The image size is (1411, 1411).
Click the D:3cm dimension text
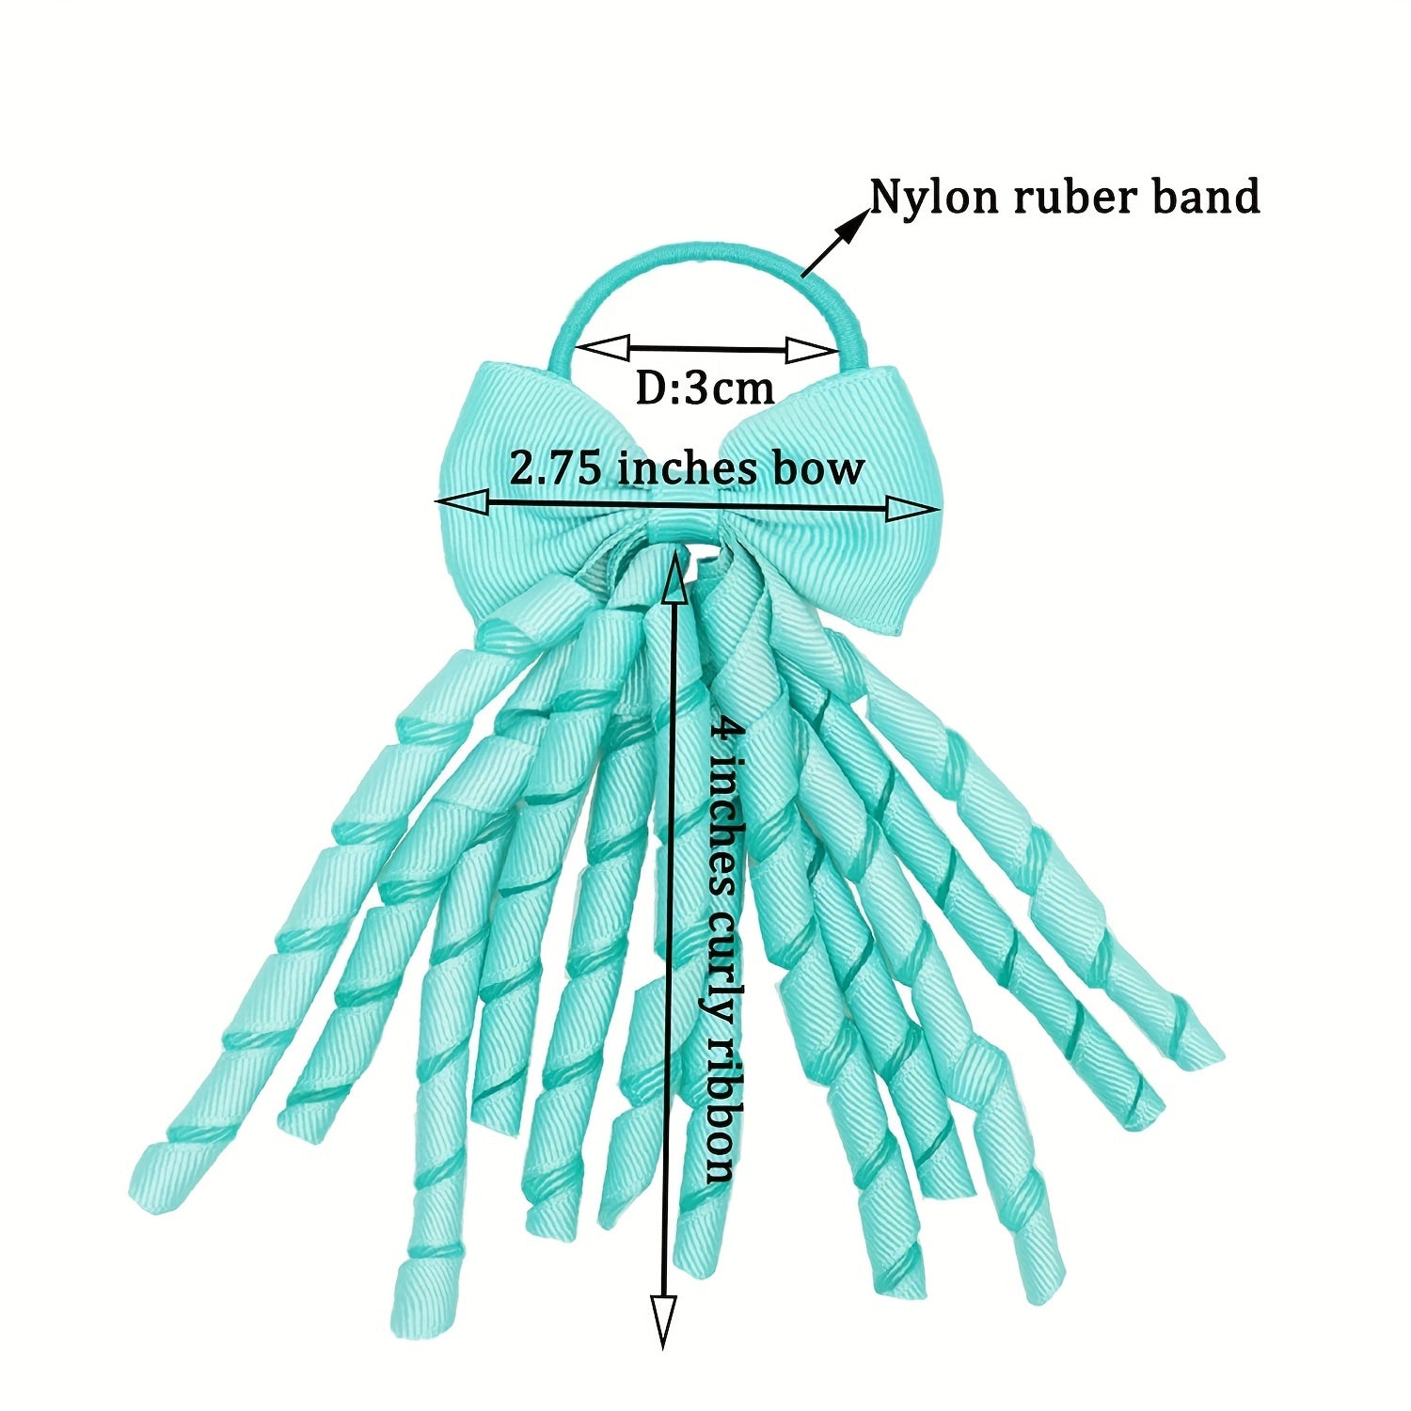[x=705, y=387]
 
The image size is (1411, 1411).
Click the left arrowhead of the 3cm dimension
[x=602, y=346]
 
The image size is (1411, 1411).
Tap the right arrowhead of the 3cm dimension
[x=812, y=351]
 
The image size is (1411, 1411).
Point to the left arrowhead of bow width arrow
[x=462, y=503]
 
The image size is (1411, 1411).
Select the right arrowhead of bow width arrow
[x=913, y=509]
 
